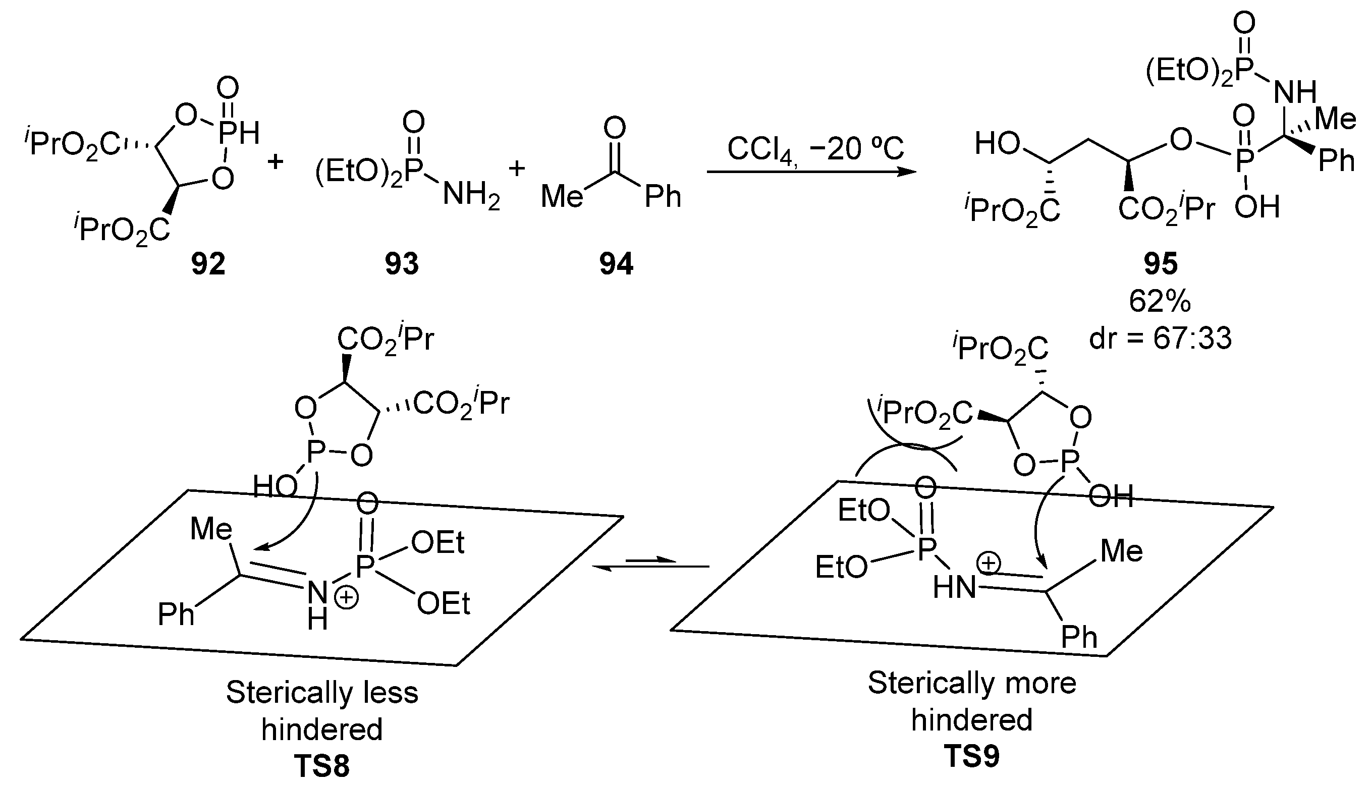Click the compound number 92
pos(208,264)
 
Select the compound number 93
pos(402,264)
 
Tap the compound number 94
pos(616,264)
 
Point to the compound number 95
pos(1161,264)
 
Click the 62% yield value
pos(1160,302)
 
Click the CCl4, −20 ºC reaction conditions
pos(815,149)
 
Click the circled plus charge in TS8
pos(347,599)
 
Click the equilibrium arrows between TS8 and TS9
pos(650,564)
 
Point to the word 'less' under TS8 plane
pos(390,693)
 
